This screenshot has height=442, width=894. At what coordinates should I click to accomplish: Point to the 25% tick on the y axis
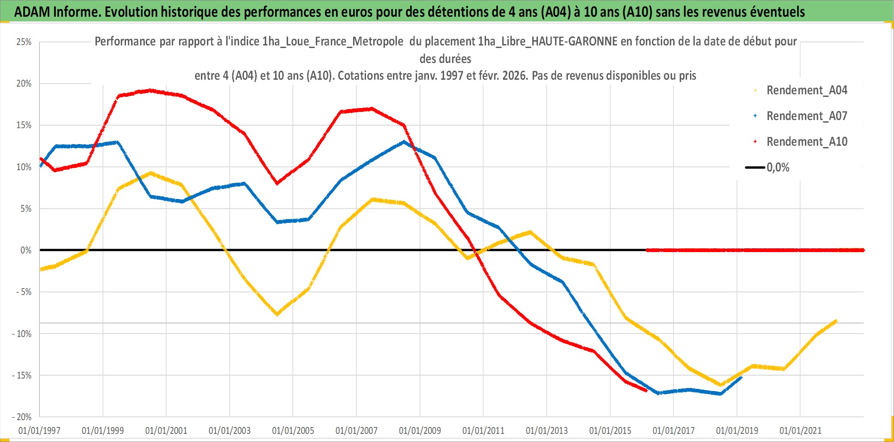pos(24,42)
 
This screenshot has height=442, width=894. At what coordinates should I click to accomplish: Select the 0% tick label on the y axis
pos(26,250)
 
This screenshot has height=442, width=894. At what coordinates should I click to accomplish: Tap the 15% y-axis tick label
pos(24,125)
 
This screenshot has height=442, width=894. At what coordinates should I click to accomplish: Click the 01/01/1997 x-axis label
pos(39,430)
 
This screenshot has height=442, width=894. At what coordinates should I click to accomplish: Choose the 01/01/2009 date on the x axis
pos(420,430)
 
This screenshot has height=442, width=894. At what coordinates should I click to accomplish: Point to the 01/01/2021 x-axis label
pos(800,430)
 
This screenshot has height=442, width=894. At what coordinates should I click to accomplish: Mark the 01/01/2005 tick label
pos(293,430)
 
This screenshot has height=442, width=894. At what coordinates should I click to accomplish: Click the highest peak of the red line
pos(150,90)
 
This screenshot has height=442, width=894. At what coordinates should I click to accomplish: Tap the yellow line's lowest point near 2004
pos(277,314)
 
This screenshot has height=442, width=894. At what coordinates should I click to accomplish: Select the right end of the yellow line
pos(836,321)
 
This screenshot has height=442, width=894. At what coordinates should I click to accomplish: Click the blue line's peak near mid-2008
pos(404,142)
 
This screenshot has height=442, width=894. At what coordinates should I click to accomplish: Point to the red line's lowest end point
pos(646,391)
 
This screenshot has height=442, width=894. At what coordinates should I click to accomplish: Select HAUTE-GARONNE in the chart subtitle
pos(574,42)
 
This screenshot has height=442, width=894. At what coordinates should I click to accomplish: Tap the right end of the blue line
pos(741,377)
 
